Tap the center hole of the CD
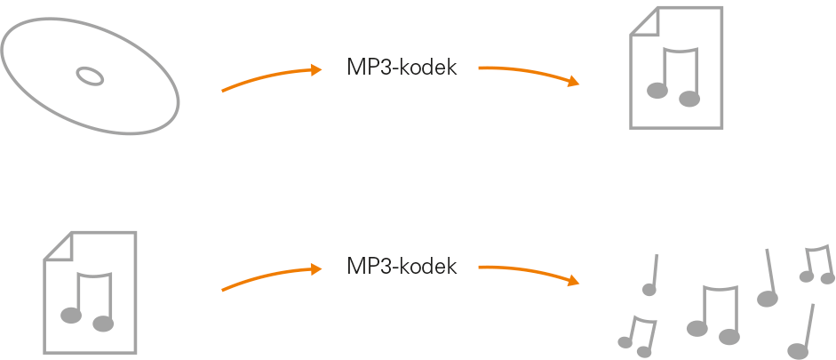pos(90,76)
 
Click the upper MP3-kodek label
pos(402,68)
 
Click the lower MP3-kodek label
pos(402,266)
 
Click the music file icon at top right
pos(675,68)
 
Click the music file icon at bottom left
pos(91,292)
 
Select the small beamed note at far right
pos(817,264)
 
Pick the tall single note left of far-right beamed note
pos(769,279)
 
